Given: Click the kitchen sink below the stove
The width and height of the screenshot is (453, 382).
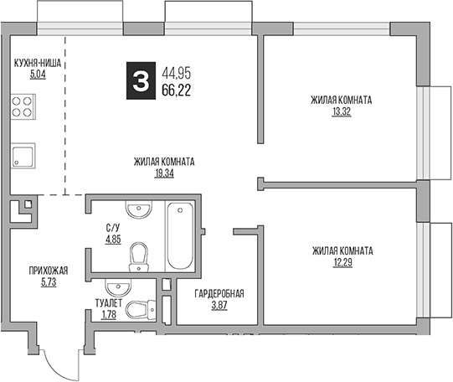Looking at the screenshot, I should [23, 156].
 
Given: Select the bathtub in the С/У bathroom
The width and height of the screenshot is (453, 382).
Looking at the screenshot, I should [179, 234].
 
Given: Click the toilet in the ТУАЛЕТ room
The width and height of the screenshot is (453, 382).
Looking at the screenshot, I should [137, 311].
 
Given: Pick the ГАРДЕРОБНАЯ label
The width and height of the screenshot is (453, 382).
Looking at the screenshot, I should [219, 293].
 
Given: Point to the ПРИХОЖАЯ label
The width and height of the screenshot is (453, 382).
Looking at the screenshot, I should [48, 271].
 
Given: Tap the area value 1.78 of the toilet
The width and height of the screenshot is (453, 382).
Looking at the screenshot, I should [109, 314].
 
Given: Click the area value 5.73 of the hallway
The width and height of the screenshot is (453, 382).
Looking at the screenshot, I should [47, 281].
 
